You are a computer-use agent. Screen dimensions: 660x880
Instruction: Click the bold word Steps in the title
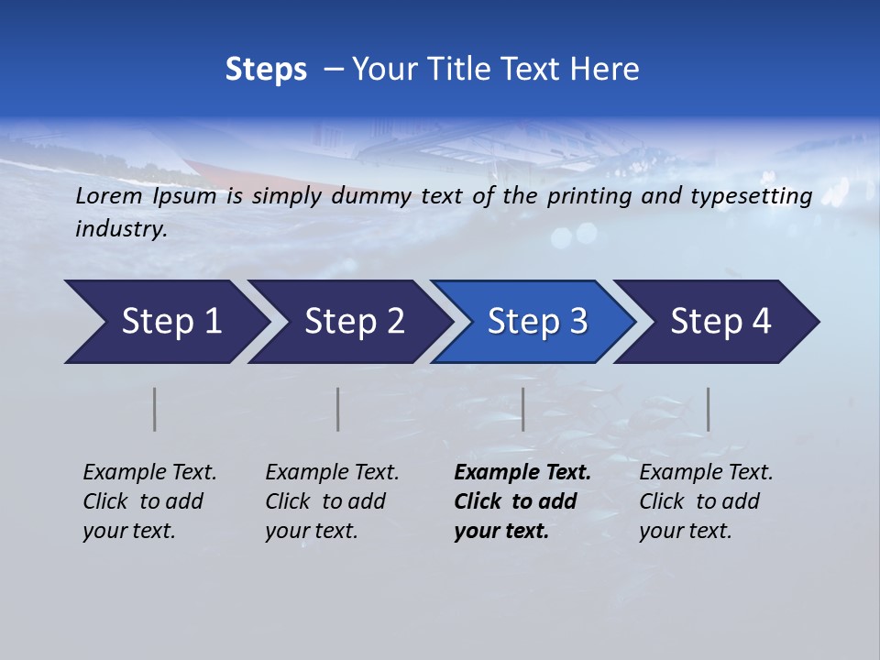[266, 70]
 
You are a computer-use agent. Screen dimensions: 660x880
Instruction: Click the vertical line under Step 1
[155, 409]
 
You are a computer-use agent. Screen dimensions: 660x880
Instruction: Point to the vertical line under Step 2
[338, 409]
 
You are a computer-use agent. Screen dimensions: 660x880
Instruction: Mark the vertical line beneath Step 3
[522, 409]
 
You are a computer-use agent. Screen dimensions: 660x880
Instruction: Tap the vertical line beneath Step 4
[708, 409]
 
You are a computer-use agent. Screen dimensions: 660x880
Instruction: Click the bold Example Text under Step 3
[522, 473]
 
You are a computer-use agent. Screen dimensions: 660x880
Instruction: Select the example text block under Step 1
[149, 501]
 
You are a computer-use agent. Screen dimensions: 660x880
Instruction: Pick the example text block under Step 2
[332, 501]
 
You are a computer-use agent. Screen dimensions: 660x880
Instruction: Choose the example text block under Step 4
[706, 501]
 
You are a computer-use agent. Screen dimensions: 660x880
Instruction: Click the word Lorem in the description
[109, 195]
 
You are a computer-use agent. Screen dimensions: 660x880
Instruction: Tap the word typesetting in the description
[756, 195]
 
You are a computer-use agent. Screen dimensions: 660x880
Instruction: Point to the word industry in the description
[121, 229]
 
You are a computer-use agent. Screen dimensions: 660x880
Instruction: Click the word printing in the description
[588, 195]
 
